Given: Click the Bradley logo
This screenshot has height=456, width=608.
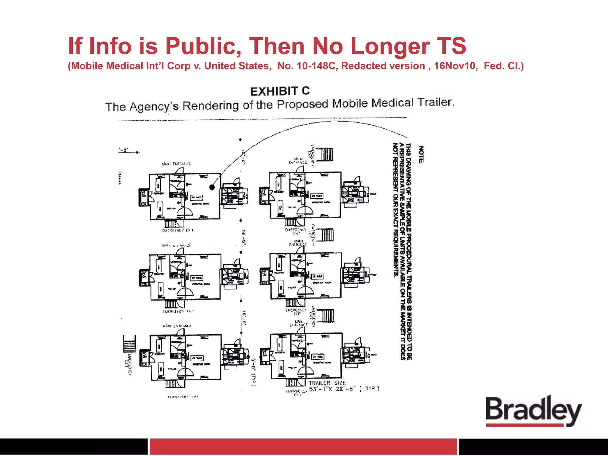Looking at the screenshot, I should coord(533,411).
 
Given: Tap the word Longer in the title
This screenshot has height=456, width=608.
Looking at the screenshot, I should coord(390,46).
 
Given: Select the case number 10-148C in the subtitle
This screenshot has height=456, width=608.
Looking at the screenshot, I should coord(316,66).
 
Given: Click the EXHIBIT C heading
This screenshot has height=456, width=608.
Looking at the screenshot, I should coord(280,91).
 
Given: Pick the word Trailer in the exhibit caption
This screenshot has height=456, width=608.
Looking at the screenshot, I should coord(436,102).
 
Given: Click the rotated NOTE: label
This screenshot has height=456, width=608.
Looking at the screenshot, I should coord(421,154).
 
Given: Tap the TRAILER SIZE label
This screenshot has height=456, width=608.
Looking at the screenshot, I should coord(327,383).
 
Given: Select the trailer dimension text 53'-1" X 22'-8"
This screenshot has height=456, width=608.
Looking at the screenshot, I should coord(332,389).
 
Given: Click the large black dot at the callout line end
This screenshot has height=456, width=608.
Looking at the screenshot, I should coord(212,187).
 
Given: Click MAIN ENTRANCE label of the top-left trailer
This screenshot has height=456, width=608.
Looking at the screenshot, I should coord(176,164).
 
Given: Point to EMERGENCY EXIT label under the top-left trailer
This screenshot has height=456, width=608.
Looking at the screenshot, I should coord(178,230).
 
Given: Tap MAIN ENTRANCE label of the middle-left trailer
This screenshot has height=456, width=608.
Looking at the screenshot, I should coord(177,245).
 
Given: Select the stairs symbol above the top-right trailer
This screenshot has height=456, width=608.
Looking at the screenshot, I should coord(326,154).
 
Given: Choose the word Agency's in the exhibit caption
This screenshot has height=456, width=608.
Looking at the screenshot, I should coord(154,106).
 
